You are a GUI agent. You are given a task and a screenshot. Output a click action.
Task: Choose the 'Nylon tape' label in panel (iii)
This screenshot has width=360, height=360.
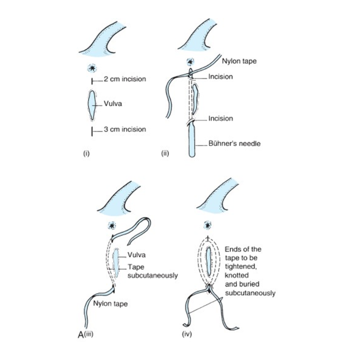tap(111, 303)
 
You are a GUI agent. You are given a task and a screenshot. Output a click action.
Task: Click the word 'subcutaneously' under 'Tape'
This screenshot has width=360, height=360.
tap(147, 274)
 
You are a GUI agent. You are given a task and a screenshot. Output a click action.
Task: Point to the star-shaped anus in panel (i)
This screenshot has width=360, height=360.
tap(92, 68)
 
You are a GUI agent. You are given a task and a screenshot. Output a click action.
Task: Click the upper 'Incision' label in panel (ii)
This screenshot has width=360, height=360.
tap(220, 77)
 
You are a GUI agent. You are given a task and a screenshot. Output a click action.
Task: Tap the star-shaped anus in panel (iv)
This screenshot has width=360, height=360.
tap(208, 224)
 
